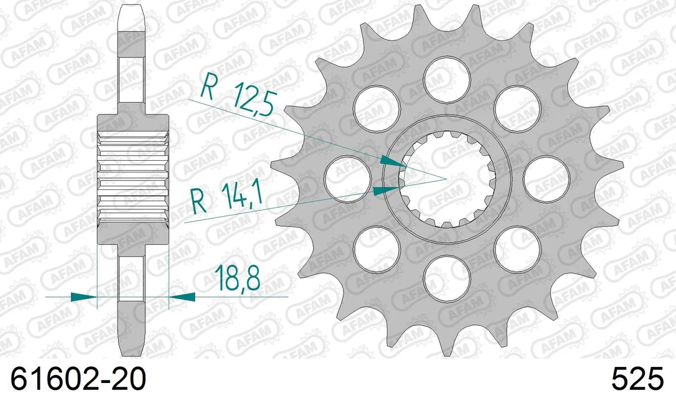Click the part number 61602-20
pos(78,379)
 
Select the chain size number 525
pos(637,379)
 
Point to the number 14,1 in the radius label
pos(242,196)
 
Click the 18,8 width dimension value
pos(238,278)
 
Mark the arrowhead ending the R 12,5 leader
pos(393,161)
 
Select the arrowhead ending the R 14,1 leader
pos(386,190)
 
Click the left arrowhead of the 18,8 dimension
pos(83,297)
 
